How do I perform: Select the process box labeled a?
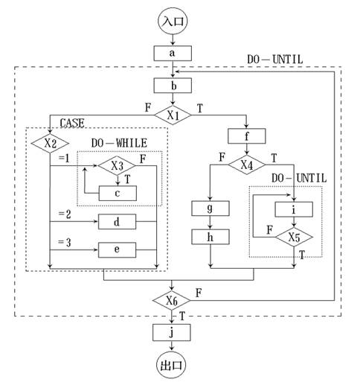pos(173,53)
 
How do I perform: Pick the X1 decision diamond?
pos(173,115)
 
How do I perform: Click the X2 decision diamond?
pos(50,141)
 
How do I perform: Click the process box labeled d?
pos(117,222)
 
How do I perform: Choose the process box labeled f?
pos(247,136)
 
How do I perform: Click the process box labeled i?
pos(295,208)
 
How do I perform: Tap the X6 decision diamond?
pos(173,301)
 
